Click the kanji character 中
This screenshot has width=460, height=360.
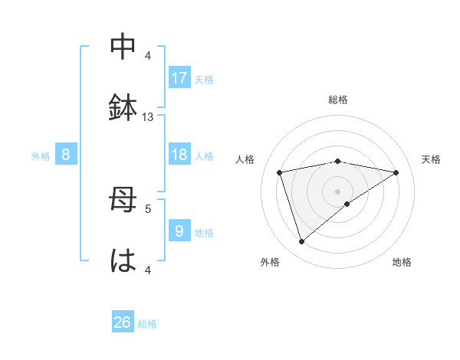tap(123, 47)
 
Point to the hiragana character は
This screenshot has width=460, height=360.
tap(123, 260)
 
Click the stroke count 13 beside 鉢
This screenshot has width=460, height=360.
tap(148, 117)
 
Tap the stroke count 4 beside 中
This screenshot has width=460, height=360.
tap(148, 56)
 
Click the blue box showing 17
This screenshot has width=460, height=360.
tap(179, 78)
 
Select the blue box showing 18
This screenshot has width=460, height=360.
tap(179, 155)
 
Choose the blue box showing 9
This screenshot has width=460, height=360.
tap(179, 231)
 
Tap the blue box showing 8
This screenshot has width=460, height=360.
tap(66, 155)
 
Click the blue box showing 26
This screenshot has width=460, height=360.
tap(123, 322)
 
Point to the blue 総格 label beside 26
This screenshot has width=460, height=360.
tap(148, 324)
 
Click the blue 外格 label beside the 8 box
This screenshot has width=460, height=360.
tap(41, 156)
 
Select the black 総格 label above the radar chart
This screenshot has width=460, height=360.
tap(338, 100)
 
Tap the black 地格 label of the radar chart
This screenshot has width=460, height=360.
tap(402, 262)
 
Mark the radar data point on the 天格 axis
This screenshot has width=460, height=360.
tap(396, 172)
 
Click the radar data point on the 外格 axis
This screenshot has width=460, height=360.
tap(301, 242)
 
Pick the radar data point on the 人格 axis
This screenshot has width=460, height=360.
tap(280, 172)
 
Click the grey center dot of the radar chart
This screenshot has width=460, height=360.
tap(338, 191)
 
